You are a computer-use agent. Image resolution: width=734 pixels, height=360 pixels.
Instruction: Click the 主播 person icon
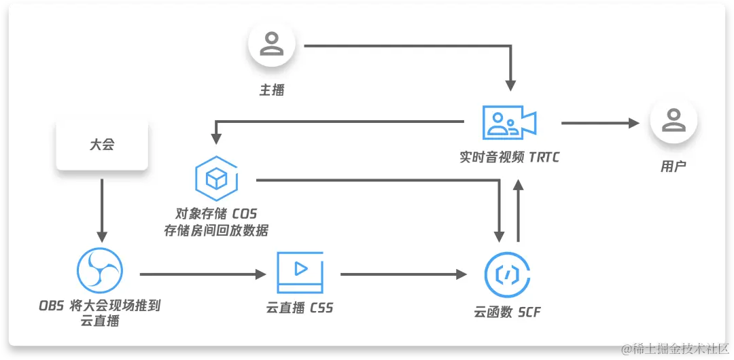(x=272, y=43)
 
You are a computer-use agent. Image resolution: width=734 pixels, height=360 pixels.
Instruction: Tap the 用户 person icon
(x=673, y=121)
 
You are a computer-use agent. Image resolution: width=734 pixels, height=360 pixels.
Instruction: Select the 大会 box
(x=102, y=145)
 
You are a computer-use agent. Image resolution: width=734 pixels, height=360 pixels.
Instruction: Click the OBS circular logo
(x=100, y=272)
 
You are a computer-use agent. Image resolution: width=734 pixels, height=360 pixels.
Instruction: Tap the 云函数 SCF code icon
(x=507, y=275)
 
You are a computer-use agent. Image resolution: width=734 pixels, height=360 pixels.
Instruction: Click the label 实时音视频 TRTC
(x=509, y=158)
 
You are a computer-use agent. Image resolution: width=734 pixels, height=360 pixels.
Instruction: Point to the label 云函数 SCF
(x=507, y=312)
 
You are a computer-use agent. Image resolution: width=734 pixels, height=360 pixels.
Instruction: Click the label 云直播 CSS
(x=300, y=308)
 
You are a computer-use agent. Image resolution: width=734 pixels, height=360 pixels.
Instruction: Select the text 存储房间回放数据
(x=216, y=231)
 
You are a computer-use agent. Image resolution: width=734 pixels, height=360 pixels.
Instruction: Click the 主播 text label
(x=272, y=90)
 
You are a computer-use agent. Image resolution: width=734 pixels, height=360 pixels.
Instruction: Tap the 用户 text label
(x=673, y=166)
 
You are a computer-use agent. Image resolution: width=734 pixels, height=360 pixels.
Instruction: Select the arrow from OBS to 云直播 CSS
(x=202, y=274)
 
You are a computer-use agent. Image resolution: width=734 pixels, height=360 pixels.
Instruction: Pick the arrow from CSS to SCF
(x=404, y=274)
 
